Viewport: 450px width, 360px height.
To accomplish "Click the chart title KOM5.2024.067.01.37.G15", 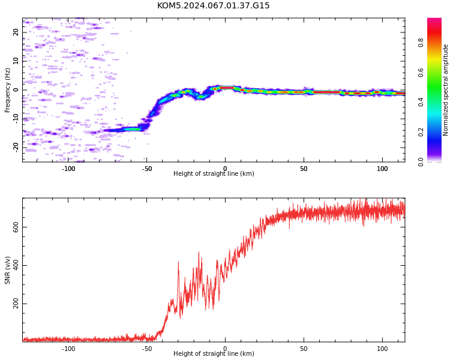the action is pos(213,5).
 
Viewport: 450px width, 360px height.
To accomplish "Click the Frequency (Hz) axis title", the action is pos(7,90).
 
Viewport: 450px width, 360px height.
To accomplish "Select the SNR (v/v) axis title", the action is pos(7,270).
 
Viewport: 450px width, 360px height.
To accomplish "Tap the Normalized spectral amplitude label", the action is pos(445,90).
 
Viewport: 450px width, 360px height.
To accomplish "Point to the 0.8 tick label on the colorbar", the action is pos(421,43).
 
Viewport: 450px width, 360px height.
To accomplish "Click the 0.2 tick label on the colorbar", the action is pos(421,132).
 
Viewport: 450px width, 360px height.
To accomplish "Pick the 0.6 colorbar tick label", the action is pos(421,73).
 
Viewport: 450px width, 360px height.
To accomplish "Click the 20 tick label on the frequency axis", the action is pos(16,32).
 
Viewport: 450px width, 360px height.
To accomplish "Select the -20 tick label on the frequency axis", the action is pos(16,148).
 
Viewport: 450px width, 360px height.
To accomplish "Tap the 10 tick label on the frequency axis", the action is pos(16,61).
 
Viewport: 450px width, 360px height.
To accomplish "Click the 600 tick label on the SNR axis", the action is pos(16,227).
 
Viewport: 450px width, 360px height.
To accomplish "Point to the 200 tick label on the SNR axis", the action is pos(16,304).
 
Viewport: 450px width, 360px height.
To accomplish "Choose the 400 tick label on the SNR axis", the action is pos(16,265).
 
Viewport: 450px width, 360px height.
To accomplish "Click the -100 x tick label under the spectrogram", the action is pos(68,169).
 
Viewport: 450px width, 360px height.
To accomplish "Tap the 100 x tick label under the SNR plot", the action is pos(382,349).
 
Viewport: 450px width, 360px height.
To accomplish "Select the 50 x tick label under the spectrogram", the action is pos(304,169).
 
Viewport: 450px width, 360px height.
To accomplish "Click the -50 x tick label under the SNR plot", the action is pos(146,349).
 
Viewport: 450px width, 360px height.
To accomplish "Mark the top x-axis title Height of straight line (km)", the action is pos(214,173).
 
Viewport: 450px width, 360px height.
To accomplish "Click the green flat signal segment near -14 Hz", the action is pos(133,129).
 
